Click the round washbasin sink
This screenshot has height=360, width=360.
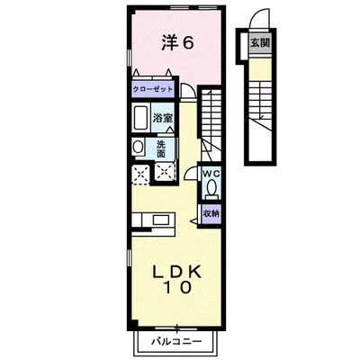click(139, 147)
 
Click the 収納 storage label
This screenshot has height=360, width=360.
click(211, 213)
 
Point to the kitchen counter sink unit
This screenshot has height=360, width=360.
click(152, 219)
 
